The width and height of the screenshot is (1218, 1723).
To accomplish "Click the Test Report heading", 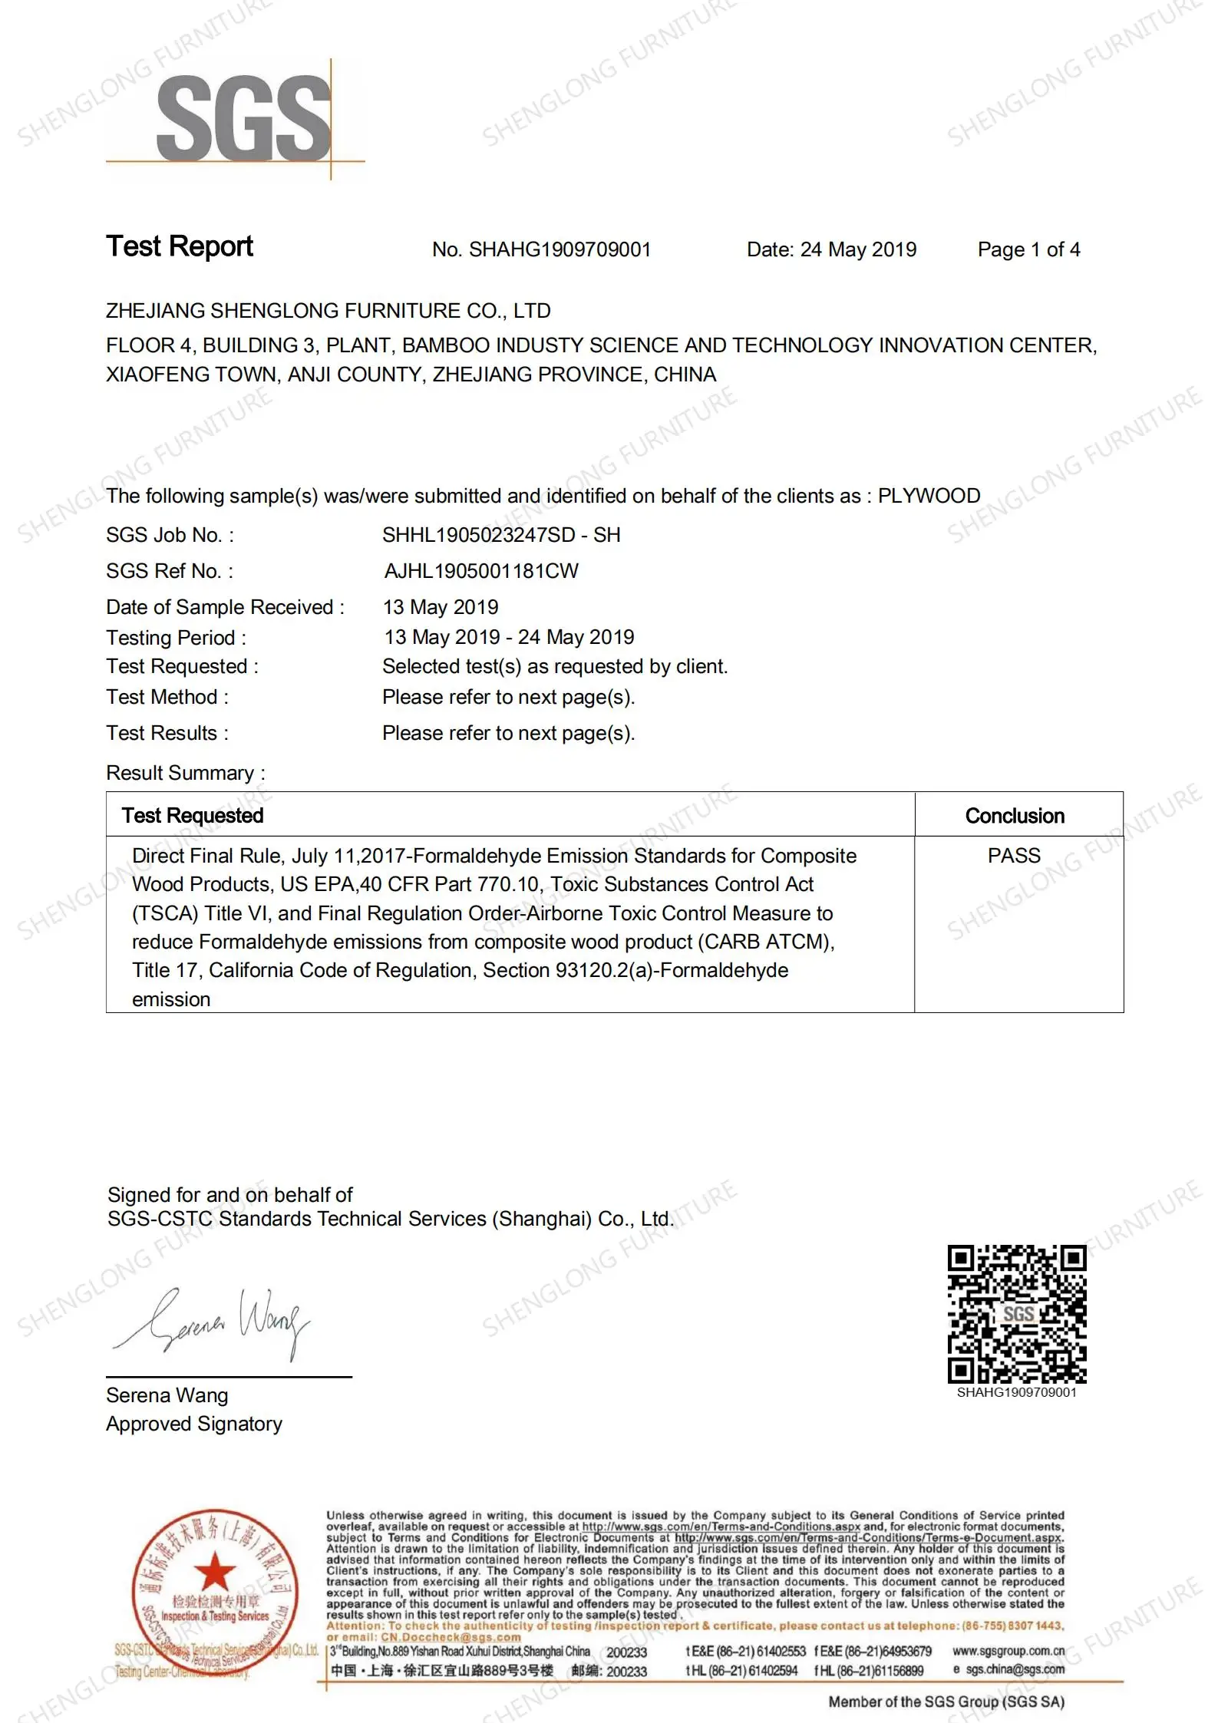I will pyautogui.click(x=180, y=246).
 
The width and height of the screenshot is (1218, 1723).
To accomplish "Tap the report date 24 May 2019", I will pyautogui.click(x=858, y=249).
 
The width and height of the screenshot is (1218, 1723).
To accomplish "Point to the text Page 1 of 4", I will pyautogui.click(x=1028, y=249).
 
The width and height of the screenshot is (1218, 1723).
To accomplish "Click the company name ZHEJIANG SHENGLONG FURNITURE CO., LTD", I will pyautogui.click(x=328, y=311).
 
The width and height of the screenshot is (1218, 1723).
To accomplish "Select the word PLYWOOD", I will pyautogui.click(x=929, y=496).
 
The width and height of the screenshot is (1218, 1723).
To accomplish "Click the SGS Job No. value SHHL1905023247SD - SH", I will pyautogui.click(x=501, y=535).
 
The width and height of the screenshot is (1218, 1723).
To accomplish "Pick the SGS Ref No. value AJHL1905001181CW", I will pyautogui.click(x=481, y=571).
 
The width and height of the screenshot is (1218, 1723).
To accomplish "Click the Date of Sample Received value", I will pyautogui.click(x=441, y=607).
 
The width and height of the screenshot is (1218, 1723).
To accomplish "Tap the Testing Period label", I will pyautogui.click(x=176, y=638).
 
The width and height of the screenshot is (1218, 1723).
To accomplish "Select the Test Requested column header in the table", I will pyautogui.click(x=193, y=815).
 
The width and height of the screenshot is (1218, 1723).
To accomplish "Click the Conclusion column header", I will pyautogui.click(x=1015, y=816).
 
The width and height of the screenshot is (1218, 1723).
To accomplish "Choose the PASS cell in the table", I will pyautogui.click(x=1014, y=856).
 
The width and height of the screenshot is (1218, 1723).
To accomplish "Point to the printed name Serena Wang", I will pyautogui.click(x=167, y=1395).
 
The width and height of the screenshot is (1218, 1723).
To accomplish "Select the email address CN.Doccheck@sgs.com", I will pyautogui.click(x=451, y=1637).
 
